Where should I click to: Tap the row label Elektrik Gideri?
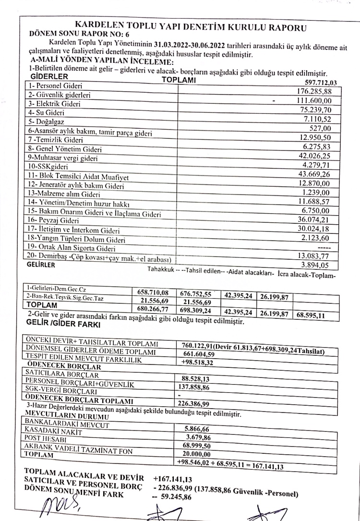point(48,103)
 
